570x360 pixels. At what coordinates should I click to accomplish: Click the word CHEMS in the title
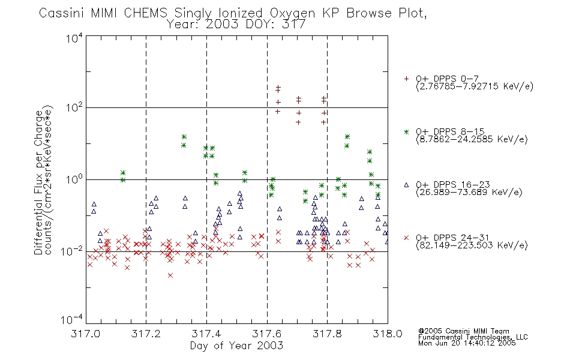pyautogui.click(x=145, y=13)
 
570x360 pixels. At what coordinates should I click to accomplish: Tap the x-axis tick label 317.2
pyautogui.click(x=146, y=334)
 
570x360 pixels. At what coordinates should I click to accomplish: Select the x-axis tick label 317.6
pyautogui.click(x=267, y=334)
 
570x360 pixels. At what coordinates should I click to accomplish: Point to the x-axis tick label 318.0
pyautogui.click(x=388, y=334)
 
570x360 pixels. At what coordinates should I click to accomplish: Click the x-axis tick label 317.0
pyautogui.click(x=85, y=334)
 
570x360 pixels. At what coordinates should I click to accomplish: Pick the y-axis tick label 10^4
pyautogui.click(x=74, y=38)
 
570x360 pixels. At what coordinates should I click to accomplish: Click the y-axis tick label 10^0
pyautogui.click(x=74, y=179)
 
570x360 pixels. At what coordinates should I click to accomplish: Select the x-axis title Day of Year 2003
pyautogui.click(x=236, y=346)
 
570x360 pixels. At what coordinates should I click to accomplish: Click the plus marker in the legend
pyautogui.click(x=406, y=79)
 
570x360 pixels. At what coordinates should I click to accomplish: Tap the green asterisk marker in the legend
pyautogui.click(x=406, y=131)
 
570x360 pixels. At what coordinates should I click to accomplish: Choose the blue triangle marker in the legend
pyautogui.click(x=406, y=185)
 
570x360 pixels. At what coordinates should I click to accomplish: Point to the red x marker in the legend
pyautogui.click(x=406, y=238)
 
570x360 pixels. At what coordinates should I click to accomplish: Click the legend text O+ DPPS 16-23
pyautogui.click(x=453, y=184)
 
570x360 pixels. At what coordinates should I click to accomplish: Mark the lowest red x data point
pyautogui.click(x=170, y=275)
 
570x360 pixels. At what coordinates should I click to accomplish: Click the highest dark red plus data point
pyautogui.click(x=278, y=87)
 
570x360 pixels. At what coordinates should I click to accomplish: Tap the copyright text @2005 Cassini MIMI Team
pyautogui.click(x=463, y=331)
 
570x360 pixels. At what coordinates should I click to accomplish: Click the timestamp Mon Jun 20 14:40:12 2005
pyautogui.click(x=467, y=343)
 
